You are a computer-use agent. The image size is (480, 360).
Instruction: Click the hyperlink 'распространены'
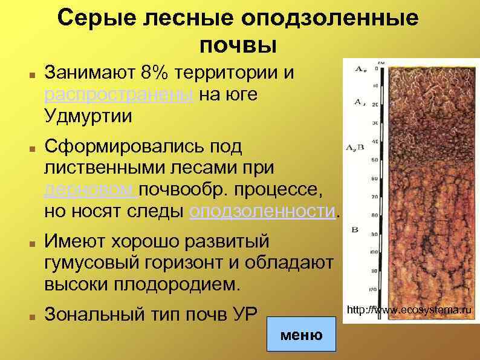point(119,95)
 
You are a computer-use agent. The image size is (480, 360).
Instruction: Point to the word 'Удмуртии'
point(88,116)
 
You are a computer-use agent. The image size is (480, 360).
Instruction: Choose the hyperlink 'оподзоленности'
point(262,211)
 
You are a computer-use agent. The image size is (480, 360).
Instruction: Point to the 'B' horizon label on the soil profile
point(355,229)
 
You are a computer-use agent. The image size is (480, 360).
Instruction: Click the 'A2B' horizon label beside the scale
point(354,147)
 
